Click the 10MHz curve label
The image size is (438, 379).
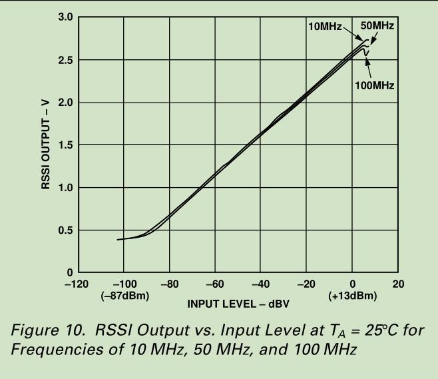pos(324,27)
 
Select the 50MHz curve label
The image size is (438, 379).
pos(377,27)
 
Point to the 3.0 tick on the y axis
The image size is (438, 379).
pos(65,17)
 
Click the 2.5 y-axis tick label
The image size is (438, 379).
pos(65,60)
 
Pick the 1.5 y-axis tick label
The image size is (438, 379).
pos(65,145)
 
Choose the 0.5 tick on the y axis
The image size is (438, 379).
pos(65,230)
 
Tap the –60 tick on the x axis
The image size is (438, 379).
pos(215,285)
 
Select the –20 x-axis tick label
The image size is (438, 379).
pos(306,285)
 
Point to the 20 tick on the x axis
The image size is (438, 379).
pos(399,285)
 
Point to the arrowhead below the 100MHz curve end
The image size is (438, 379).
pos(365,54)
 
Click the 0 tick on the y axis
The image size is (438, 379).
pos(69,272)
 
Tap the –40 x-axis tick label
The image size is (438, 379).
pos(260,285)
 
